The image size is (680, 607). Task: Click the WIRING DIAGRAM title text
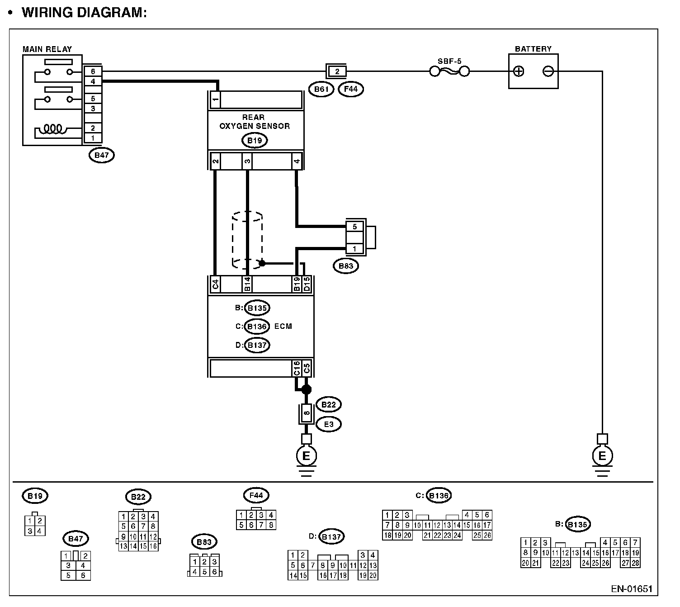(x=84, y=12)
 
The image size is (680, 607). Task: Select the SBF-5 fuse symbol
(x=449, y=71)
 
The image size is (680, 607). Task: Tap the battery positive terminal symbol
(x=519, y=71)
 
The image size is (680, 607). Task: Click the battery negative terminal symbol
(x=548, y=71)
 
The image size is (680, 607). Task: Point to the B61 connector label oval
(x=321, y=89)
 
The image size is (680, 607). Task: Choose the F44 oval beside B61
(x=351, y=89)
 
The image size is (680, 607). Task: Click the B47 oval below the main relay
(x=102, y=156)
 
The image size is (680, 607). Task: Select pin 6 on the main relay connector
(x=93, y=71)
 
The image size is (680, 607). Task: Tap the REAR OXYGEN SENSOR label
(x=255, y=122)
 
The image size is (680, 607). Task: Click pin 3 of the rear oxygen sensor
(x=247, y=161)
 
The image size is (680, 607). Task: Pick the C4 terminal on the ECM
(x=216, y=284)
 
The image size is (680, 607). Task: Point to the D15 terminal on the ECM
(x=307, y=284)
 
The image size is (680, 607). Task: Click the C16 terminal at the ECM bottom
(x=297, y=368)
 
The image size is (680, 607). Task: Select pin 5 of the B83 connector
(x=355, y=227)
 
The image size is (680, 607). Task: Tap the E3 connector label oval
(x=329, y=424)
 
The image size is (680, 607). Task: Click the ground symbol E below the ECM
(x=306, y=456)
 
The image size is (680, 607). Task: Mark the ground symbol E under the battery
(x=602, y=456)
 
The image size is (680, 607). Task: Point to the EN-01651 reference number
(x=632, y=589)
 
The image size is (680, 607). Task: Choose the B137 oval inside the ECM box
(x=257, y=345)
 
